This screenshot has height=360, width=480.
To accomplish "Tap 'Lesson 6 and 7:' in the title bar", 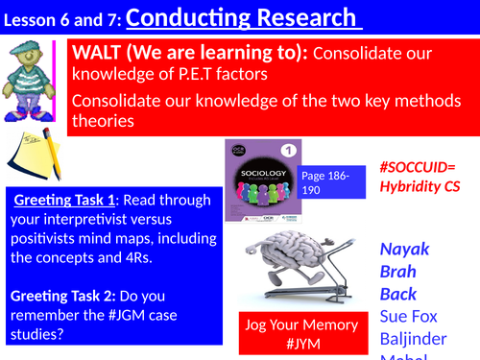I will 63,19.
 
